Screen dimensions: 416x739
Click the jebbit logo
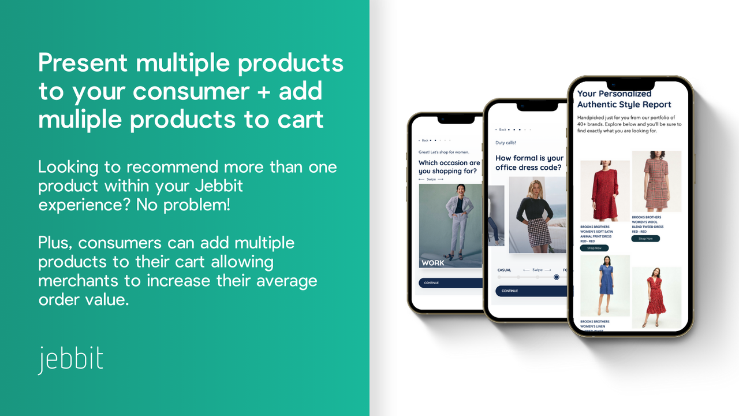coord(70,359)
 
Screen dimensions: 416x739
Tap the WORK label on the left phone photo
coord(433,263)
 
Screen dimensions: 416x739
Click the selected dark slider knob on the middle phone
coord(556,277)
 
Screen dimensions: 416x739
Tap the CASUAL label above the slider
coord(504,270)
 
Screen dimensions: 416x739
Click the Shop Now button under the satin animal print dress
coord(594,248)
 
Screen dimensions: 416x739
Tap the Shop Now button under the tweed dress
coord(645,238)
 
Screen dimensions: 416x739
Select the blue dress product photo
coord(604,286)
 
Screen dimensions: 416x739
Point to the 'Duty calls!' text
coord(506,143)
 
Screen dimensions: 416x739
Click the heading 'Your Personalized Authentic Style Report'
coord(624,99)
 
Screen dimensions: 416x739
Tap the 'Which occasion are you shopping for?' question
coord(449,167)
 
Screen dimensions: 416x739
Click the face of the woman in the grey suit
coord(460,190)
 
